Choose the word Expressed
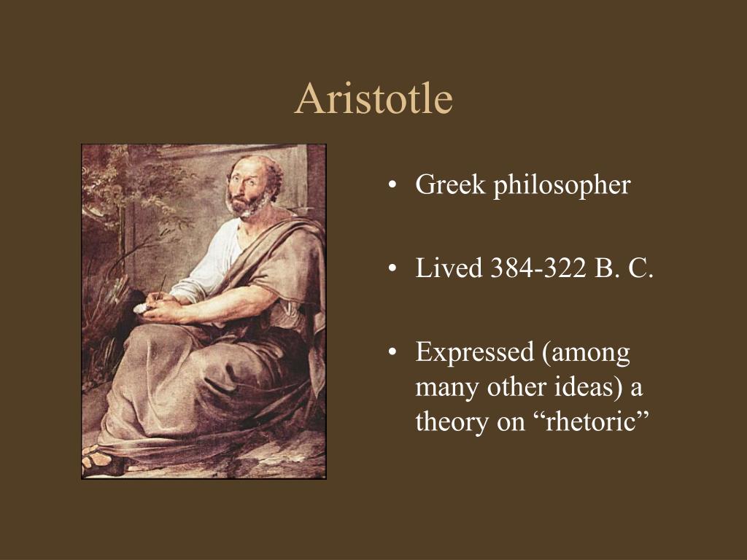pos(474,353)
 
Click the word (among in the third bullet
pos(587,353)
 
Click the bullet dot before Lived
pos(393,270)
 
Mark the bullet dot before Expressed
pos(393,354)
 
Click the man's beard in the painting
pos(245,206)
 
